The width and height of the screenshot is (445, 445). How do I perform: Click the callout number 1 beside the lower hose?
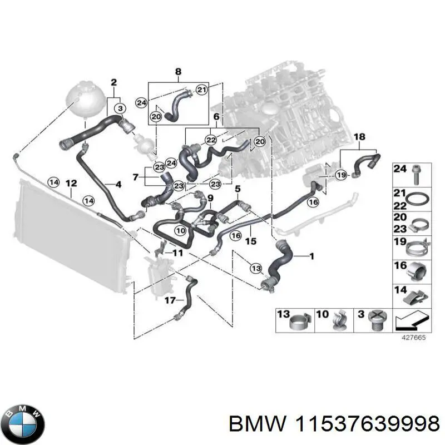311,256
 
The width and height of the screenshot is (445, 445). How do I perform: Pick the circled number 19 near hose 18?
342,175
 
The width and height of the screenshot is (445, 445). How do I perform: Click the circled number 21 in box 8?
201,91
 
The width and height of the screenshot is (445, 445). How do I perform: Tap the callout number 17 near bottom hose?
170,300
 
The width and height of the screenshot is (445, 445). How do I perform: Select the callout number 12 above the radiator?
71,183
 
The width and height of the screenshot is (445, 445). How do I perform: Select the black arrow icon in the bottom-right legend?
412,321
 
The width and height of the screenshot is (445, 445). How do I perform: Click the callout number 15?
250,241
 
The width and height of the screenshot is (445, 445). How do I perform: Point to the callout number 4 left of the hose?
118,184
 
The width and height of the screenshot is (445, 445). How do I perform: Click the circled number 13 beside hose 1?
256,269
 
